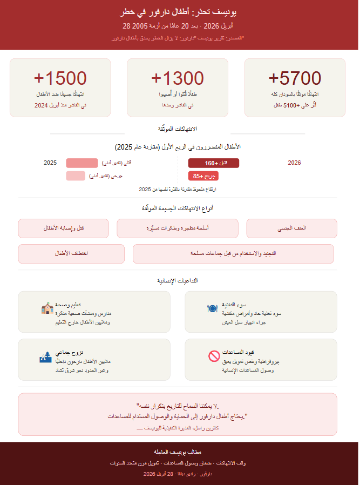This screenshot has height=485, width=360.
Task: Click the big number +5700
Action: point(295,78)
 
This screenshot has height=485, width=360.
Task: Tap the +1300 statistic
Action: point(178,78)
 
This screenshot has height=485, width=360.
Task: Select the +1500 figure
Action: point(60,78)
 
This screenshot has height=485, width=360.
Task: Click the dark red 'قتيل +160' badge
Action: point(213,163)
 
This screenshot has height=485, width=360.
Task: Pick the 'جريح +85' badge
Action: point(203,176)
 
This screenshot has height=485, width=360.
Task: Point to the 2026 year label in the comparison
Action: point(294,163)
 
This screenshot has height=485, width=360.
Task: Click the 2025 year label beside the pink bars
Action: point(50,163)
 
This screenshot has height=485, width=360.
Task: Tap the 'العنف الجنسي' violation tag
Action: point(292,228)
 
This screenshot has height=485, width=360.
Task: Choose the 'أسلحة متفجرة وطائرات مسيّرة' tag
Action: point(178,228)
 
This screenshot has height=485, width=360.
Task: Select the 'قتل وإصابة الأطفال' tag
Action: point(64,228)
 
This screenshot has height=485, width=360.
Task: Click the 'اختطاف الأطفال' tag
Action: point(71,254)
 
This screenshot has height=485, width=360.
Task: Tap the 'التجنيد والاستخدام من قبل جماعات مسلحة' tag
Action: point(233,254)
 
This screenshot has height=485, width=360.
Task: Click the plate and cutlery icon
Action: point(212,308)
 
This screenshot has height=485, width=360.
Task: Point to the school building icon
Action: point(46,308)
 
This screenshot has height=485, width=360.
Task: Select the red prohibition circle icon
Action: point(213,356)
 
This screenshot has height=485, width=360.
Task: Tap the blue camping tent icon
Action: point(45,356)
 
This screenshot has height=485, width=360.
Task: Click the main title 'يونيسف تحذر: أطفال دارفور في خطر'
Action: point(179,11)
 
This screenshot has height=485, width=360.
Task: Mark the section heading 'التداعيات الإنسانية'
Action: point(179,281)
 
